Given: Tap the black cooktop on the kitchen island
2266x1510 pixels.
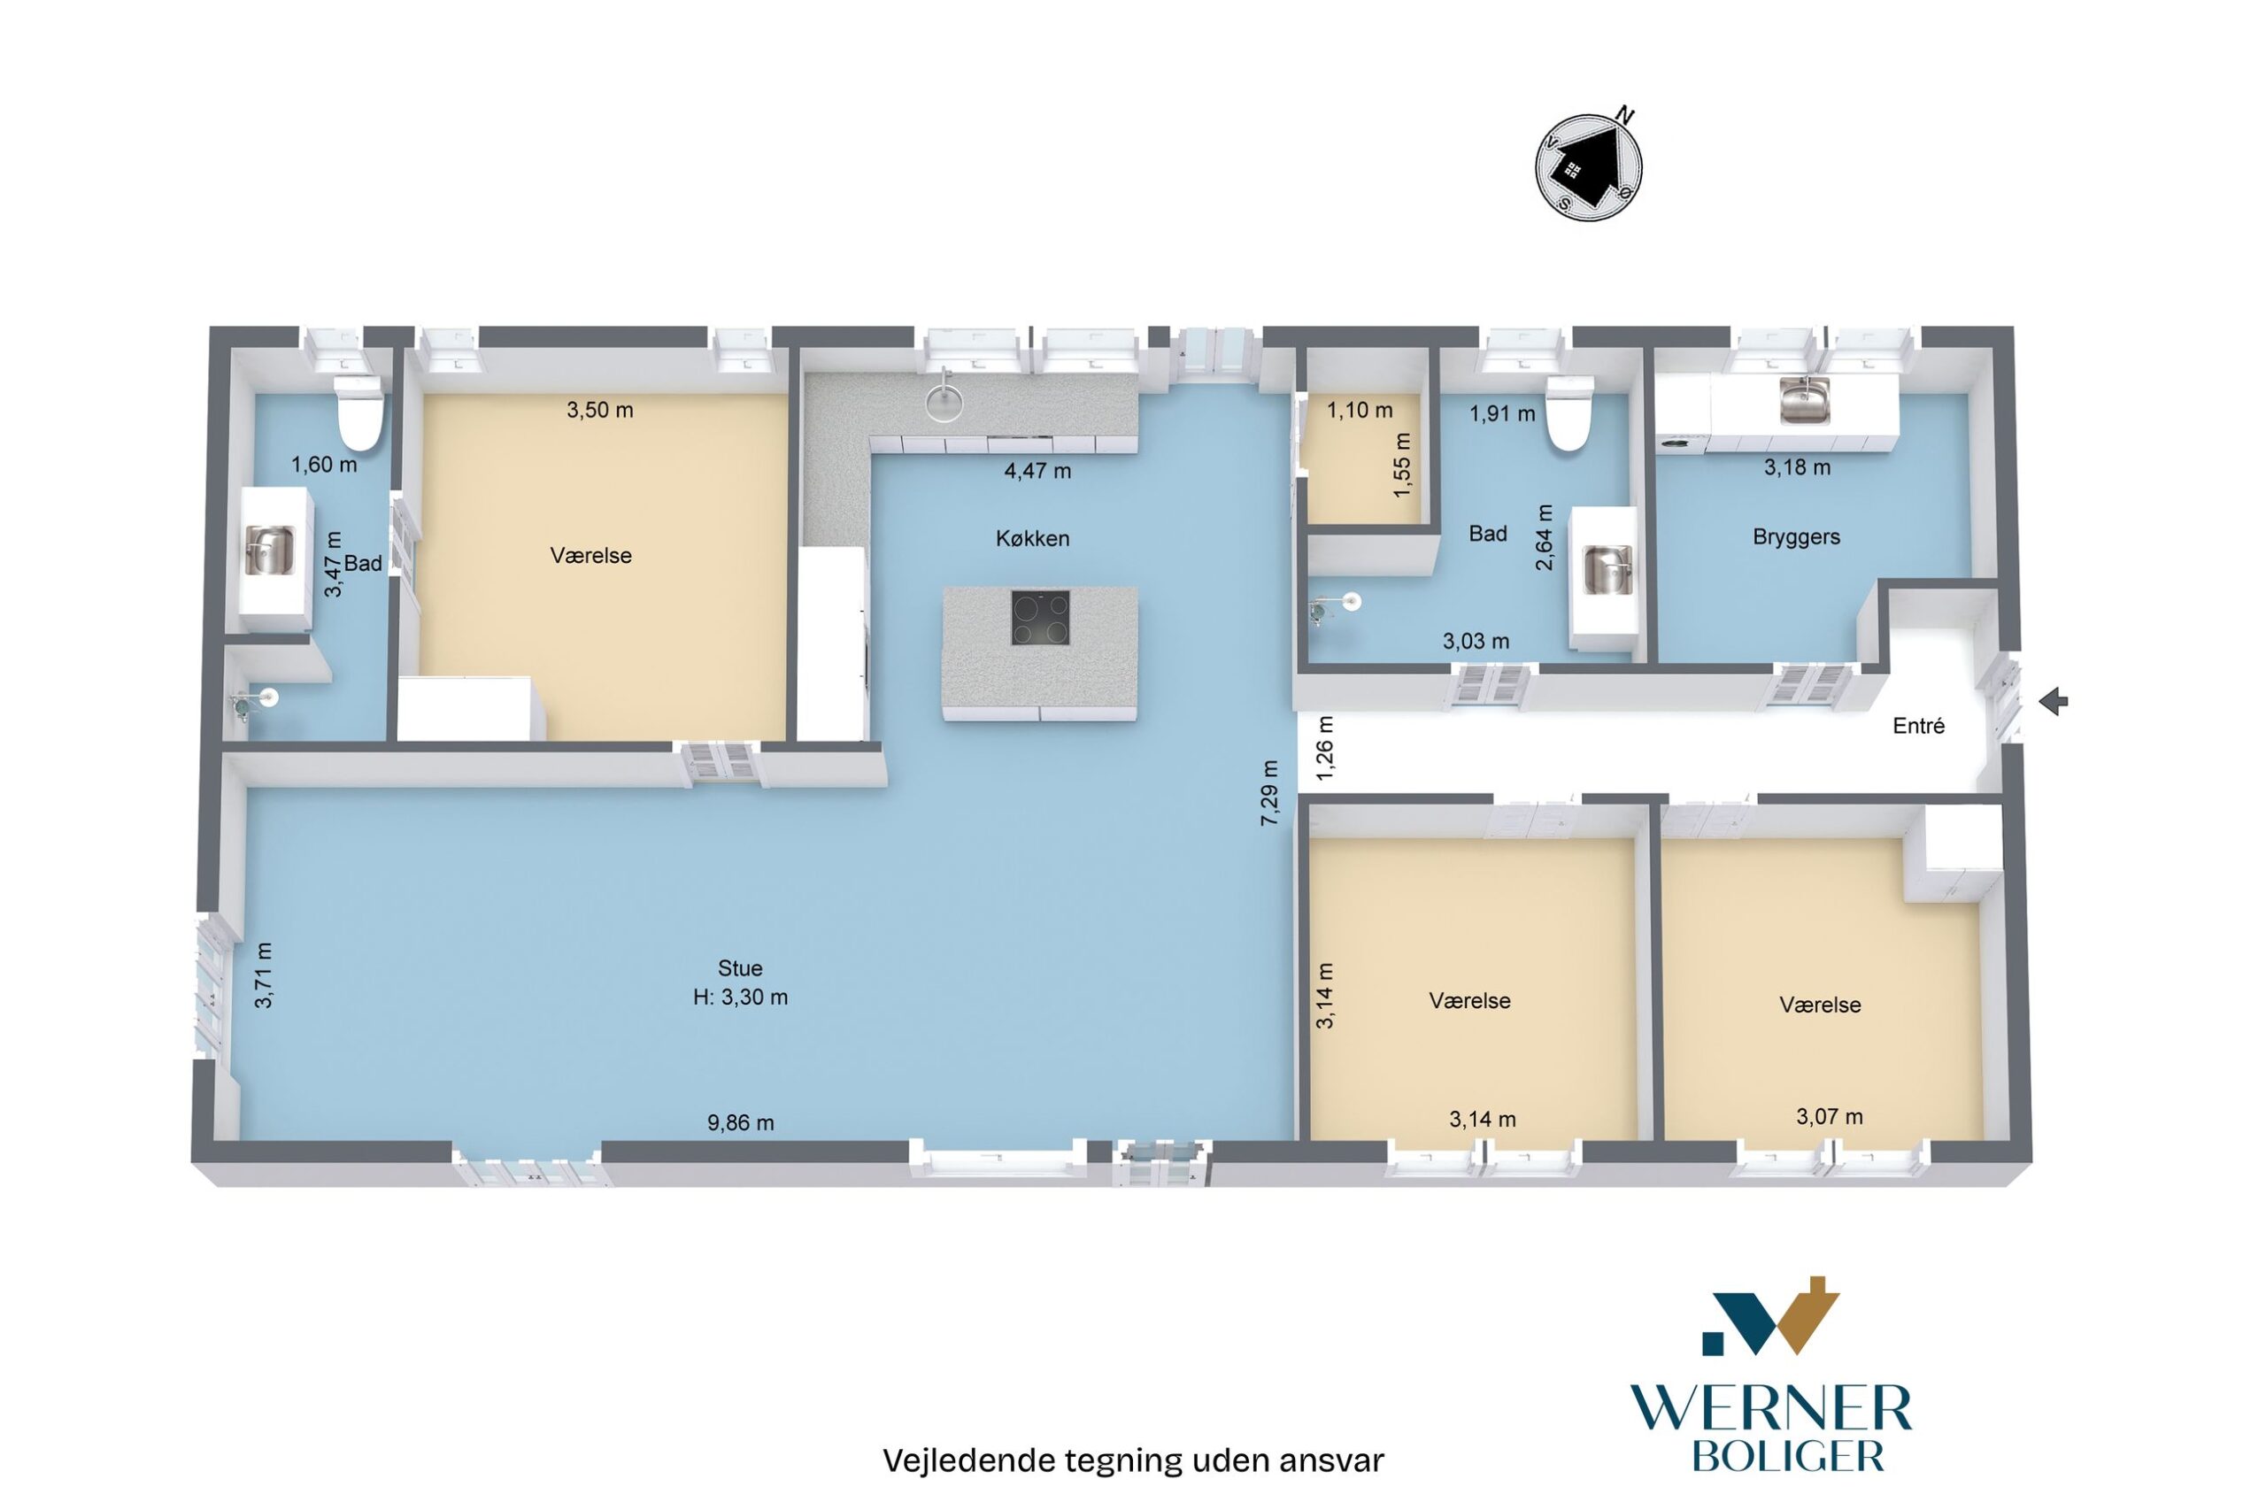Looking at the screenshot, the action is (x=1040, y=617).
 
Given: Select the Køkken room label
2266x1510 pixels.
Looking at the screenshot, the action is (x=1032, y=538).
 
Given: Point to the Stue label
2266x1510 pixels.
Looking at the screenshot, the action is (x=740, y=967).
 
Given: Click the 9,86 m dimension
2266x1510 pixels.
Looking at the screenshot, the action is (x=741, y=1122).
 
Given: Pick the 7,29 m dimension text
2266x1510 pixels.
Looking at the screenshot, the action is (x=1270, y=792).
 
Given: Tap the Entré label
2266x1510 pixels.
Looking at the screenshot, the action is (x=1918, y=726).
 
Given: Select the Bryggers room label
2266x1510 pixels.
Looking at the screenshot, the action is (x=1796, y=536).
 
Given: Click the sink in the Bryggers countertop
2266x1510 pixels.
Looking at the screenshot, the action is (x=1804, y=400).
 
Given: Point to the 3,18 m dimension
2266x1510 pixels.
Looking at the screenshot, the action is (x=1797, y=467).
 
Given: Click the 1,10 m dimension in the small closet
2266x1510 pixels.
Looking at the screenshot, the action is (x=1360, y=410).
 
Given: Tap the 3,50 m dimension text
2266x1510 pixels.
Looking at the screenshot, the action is (x=600, y=409).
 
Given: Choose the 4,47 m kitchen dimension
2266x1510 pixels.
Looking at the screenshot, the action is (x=1037, y=471).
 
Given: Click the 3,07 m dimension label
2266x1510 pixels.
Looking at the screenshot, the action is (x=1829, y=1116).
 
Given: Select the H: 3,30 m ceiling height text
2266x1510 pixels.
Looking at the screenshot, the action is (x=740, y=997).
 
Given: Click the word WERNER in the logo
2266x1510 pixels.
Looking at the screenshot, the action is (x=1771, y=1410).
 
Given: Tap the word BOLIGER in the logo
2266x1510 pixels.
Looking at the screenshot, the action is (x=1787, y=1456).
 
